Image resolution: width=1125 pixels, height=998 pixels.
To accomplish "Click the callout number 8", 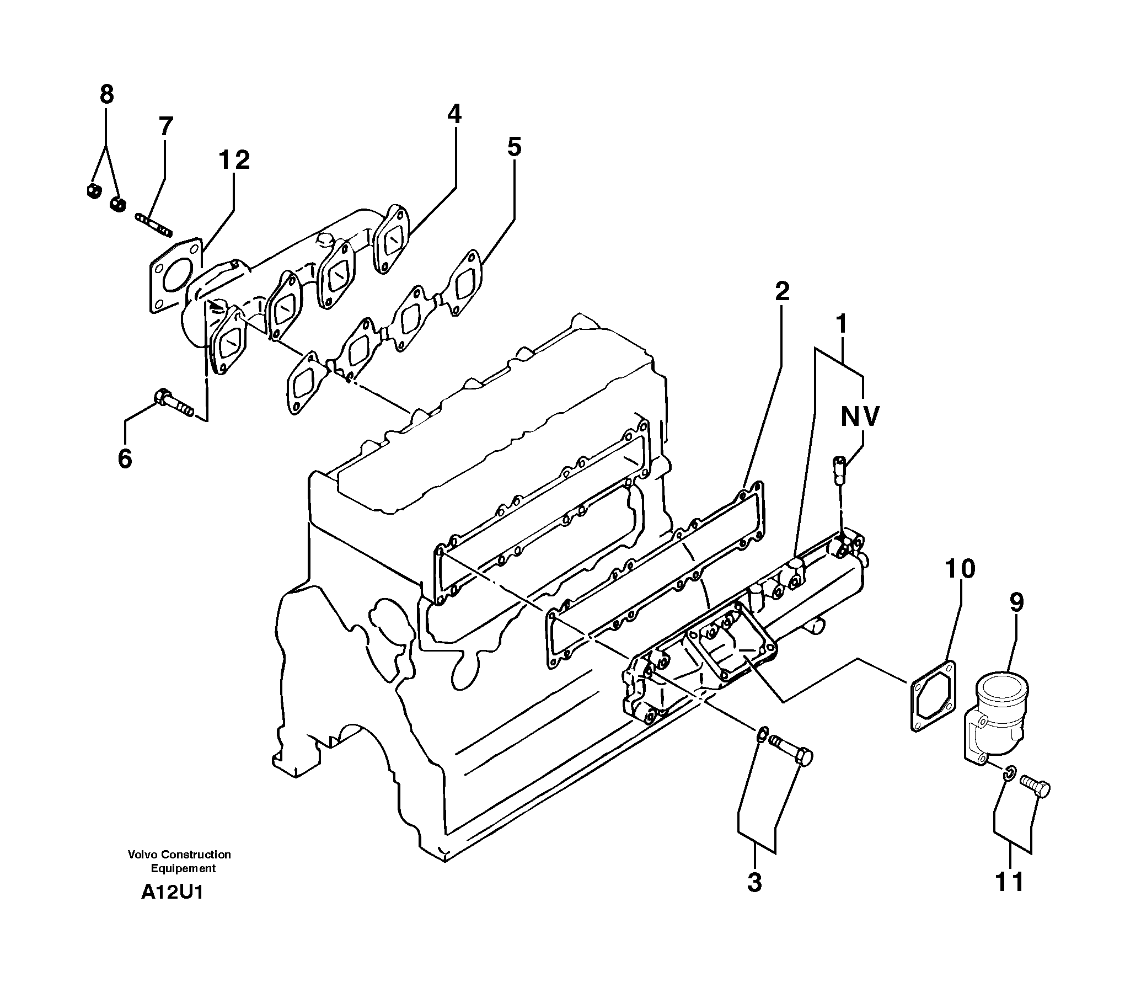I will point(106,94).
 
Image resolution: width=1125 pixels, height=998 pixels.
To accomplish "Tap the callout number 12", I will point(234,160).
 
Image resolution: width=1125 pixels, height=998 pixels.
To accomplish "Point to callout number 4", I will point(454,114).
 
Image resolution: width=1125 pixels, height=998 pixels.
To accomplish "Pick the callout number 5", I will point(514,147).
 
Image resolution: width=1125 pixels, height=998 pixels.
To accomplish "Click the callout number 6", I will point(125,458).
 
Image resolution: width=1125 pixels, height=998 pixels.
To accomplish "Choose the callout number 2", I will point(782,291).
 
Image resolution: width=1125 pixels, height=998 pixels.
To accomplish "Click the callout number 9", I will point(1017,602).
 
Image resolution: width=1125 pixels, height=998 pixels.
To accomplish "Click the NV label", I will point(860,417).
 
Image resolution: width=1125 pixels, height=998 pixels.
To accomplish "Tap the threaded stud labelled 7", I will point(154,225).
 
